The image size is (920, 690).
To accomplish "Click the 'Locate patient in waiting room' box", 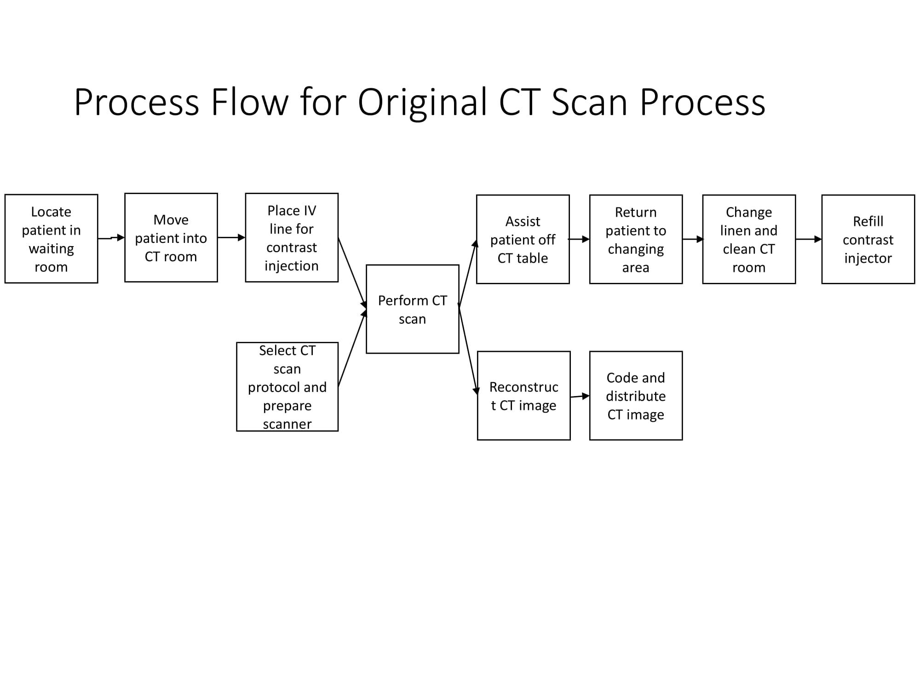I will tap(51, 239).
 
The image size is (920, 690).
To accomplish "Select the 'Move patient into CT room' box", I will tap(171, 238).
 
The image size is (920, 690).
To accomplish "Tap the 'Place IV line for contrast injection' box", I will tap(292, 238).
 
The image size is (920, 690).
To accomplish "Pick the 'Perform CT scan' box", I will tap(412, 309).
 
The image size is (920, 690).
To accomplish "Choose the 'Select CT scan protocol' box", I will tap(287, 387).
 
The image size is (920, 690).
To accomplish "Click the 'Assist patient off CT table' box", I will tap(523, 239).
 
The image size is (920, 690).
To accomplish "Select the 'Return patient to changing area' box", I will tap(636, 239).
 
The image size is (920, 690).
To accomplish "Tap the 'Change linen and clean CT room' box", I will tap(749, 239).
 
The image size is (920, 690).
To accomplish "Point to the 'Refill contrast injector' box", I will tap(868, 239).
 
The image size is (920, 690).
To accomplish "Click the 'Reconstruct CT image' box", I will tap(523, 396).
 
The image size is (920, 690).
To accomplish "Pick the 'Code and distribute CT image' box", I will tap(636, 396).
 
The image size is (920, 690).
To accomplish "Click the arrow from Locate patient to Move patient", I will tap(111, 238).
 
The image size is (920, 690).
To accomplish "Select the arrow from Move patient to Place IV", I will tap(231, 237).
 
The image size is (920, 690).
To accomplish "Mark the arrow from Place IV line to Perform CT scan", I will tap(352, 272).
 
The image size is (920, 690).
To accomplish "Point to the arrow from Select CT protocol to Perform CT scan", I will tap(352, 348).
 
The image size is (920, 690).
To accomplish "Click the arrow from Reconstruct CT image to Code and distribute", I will tap(580, 396).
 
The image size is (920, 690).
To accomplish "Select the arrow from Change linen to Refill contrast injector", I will tap(808, 239).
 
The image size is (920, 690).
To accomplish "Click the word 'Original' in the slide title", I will tap(422, 102).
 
